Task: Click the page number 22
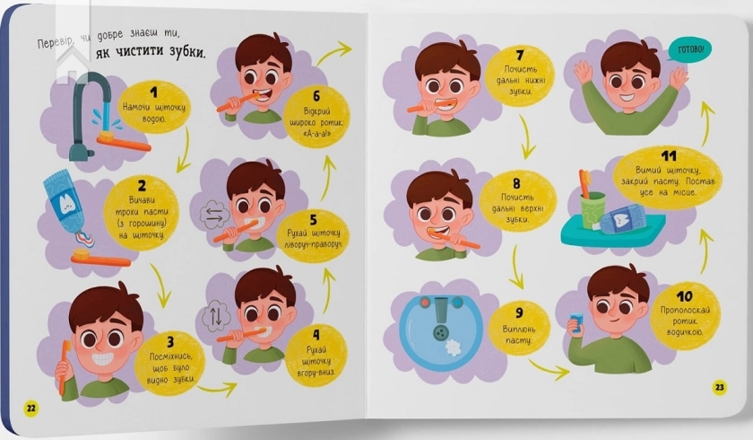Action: coord(30,409)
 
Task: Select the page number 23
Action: coord(719,387)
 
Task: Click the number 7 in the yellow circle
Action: coord(520,56)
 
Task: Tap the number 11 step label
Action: coord(669,156)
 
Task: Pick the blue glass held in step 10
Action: coord(576,321)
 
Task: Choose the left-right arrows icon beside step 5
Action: coord(214,214)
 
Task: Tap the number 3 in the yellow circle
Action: coord(170,342)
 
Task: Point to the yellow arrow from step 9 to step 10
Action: coord(549,368)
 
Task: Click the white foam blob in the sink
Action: coord(453,348)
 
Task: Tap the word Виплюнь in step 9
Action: coord(519,330)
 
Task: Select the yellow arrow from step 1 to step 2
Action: coord(185,150)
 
